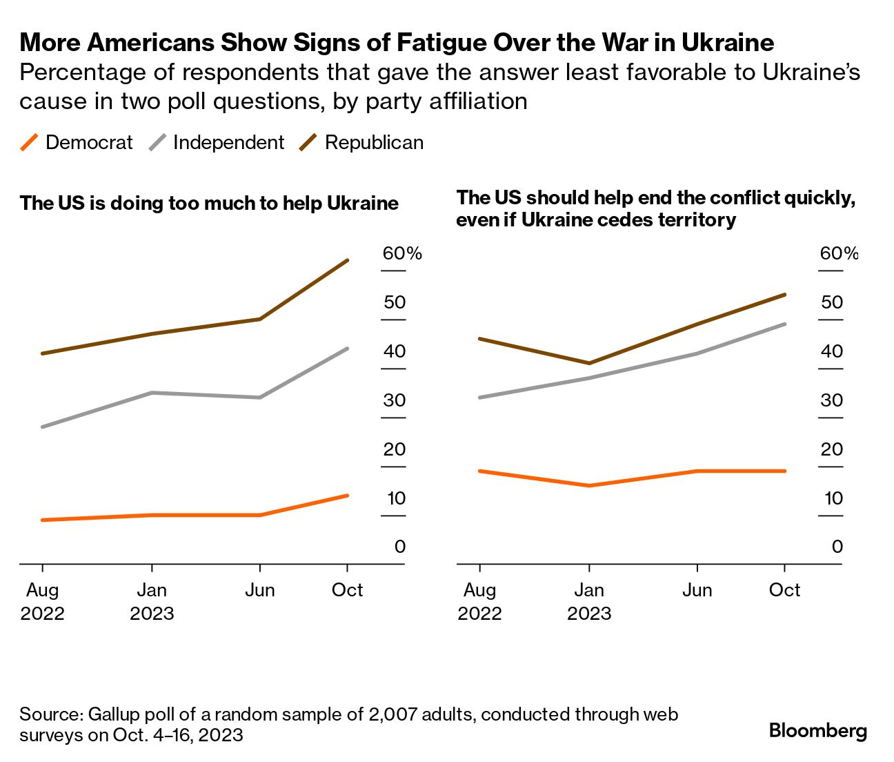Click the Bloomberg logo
click(817, 730)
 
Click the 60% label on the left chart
click(402, 253)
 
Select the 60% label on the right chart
click(839, 253)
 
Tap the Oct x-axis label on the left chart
click(347, 590)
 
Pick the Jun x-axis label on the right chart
click(697, 590)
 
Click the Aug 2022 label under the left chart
click(43, 602)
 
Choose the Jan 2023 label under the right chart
click(589, 602)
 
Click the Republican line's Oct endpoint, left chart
click(348, 260)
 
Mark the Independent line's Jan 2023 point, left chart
click(152, 393)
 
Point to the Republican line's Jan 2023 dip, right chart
click(589, 363)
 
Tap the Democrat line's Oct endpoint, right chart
click(785, 471)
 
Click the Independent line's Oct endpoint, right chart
click(785, 324)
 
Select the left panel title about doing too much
click(209, 204)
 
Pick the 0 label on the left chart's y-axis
click(400, 547)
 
